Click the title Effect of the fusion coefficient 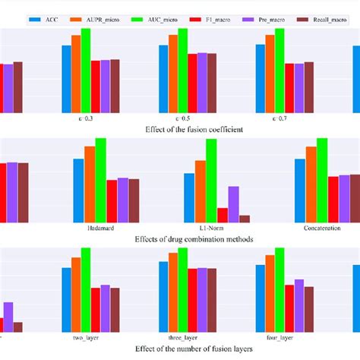coord(194,130)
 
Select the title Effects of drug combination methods coord(194,238)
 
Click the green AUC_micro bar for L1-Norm coord(211,180)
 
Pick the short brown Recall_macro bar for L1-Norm coord(245,218)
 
